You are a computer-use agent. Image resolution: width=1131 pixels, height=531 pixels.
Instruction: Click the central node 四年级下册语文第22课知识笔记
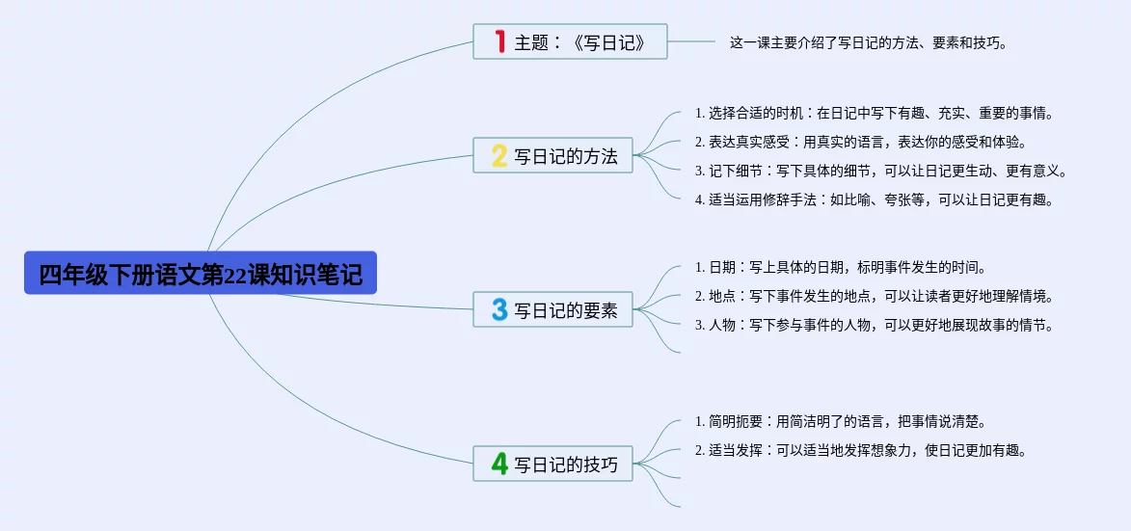tap(201, 274)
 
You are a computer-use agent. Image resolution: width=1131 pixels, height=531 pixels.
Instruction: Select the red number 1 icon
tap(499, 41)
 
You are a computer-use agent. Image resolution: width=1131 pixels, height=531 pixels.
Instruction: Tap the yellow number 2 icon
tap(499, 155)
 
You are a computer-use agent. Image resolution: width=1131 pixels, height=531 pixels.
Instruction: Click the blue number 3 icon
tap(499, 309)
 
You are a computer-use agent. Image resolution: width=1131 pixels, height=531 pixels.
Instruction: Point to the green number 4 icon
tap(499, 464)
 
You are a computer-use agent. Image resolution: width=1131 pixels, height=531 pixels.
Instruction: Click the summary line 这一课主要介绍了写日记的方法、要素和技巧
tap(868, 42)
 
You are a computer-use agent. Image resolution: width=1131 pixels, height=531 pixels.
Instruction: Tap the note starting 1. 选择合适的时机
tap(874, 113)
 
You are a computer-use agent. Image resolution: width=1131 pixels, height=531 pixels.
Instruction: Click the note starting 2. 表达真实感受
tap(860, 142)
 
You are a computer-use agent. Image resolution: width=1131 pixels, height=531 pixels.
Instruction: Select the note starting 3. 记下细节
tap(880, 171)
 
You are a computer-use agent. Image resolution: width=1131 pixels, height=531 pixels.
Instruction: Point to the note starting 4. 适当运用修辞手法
tap(874, 199)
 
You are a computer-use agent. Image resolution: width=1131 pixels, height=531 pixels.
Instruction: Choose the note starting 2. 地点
tap(874, 296)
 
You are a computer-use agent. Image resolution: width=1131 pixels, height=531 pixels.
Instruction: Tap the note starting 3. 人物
tap(874, 325)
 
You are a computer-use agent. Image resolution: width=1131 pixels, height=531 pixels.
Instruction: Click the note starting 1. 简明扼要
tap(840, 421)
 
